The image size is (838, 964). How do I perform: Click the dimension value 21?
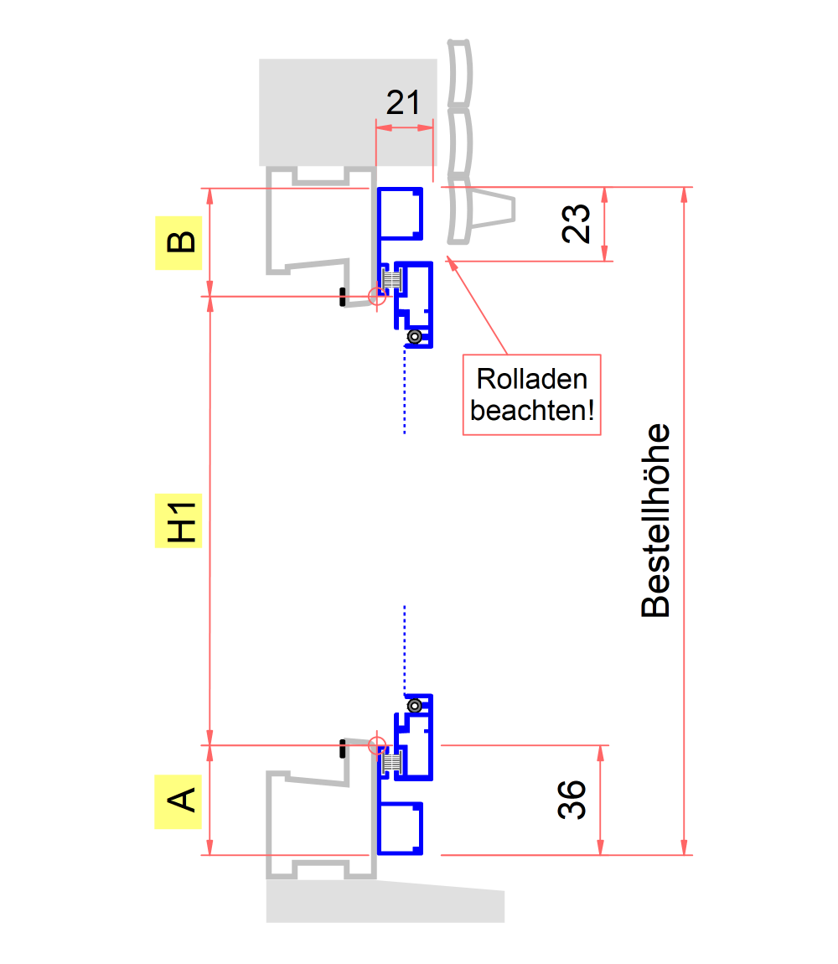tap(403, 103)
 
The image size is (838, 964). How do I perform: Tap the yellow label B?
tap(179, 242)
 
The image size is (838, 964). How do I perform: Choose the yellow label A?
tap(178, 801)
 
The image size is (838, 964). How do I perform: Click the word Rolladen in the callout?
tap(532, 379)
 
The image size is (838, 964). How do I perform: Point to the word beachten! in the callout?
tap(532, 411)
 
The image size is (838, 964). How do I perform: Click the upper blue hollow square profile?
tap(400, 211)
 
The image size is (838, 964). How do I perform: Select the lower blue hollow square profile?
tap(401, 828)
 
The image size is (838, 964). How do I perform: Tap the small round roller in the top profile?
tap(413, 337)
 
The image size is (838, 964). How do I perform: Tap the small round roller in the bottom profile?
tap(413, 706)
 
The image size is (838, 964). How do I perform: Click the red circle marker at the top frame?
tap(378, 295)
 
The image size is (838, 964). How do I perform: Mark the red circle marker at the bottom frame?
tap(378, 745)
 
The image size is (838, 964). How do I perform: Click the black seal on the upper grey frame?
tap(343, 296)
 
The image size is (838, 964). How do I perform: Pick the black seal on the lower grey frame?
tap(343, 749)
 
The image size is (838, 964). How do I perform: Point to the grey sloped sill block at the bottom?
tap(385, 904)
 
